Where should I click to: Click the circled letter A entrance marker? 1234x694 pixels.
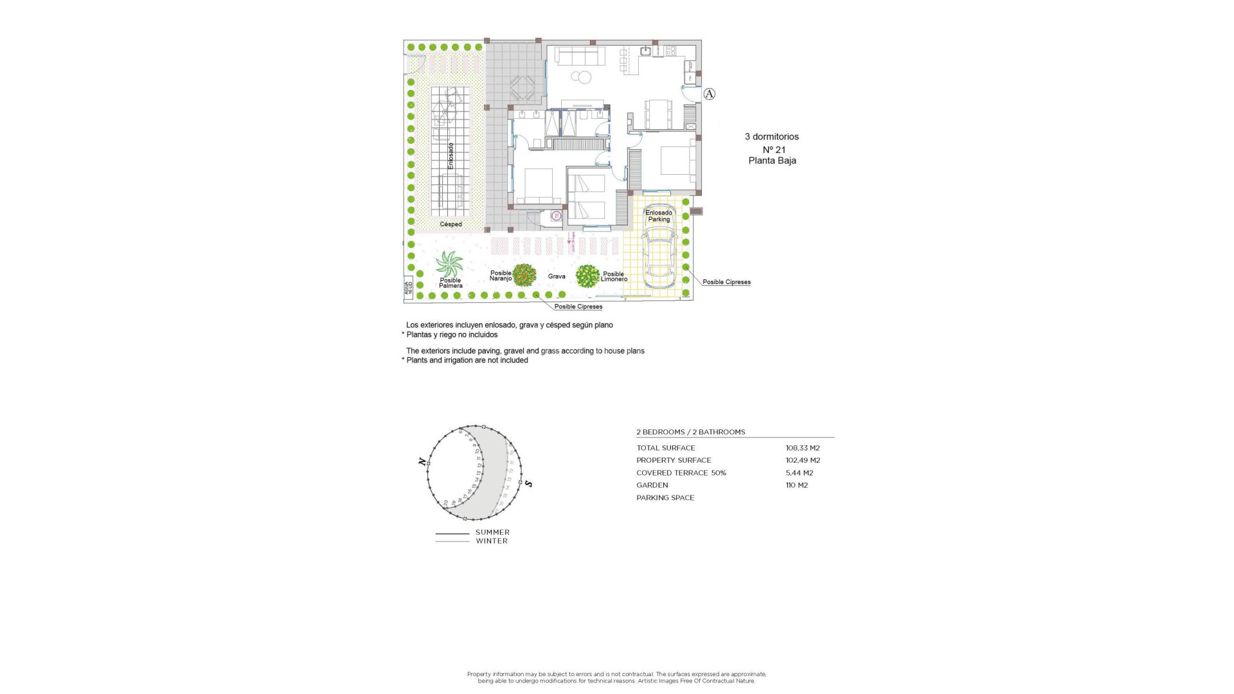pos(709,94)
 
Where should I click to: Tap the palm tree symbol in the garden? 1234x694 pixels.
pos(449,264)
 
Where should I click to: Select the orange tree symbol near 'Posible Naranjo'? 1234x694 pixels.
pos(524,275)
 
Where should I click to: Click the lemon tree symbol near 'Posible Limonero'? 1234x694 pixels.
pos(587,276)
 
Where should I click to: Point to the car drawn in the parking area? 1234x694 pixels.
pos(659,260)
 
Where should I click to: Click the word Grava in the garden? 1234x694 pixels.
pos(557,276)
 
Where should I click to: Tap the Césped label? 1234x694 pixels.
pos(451,224)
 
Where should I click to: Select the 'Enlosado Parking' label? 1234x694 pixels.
pos(659,216)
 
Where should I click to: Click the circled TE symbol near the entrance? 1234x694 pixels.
pos(557,217)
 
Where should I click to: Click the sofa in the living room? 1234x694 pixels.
pos(580,56)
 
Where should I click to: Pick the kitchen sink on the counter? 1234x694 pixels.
pos(645,51)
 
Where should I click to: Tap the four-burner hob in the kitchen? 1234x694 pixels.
pos(671,50)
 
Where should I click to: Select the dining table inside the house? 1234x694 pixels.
pos(659,116)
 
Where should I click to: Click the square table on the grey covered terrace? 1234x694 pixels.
pos(521,89)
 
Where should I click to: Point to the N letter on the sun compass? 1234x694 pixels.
pos(422,461)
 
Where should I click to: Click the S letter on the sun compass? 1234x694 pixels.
pos(528,483)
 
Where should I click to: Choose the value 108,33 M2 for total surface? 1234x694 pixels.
pos(802,448)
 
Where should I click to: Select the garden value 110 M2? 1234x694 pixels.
pos(796,485)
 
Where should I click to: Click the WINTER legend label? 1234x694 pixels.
pos(492,541)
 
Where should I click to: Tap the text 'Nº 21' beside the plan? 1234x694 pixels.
pos(773,149)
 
